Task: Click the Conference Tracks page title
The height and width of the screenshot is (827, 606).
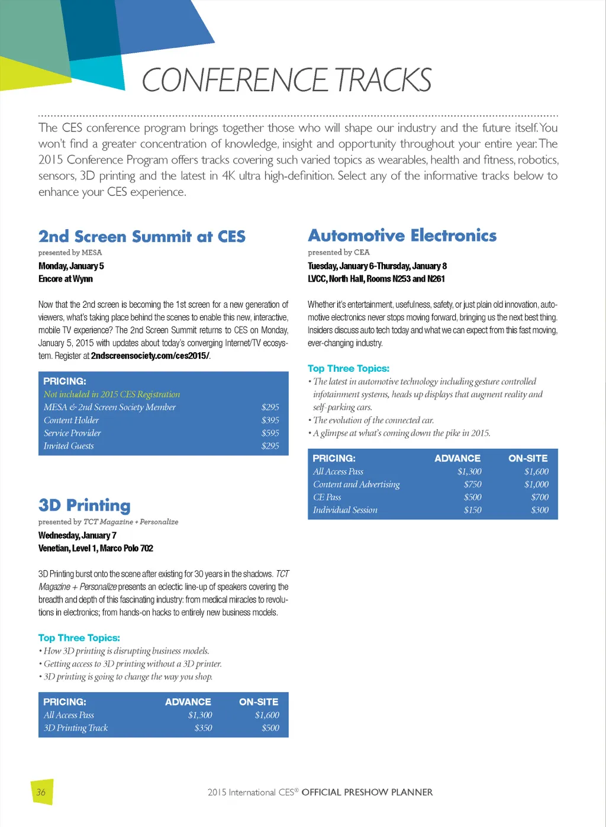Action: click(286, 80)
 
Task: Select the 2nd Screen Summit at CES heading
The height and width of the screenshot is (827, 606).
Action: click(141, 237)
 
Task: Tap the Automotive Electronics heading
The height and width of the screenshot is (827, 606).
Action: click(402, 236)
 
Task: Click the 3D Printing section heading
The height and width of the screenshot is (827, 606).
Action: click(84, 506)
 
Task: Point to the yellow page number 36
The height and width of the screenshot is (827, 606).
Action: click(41, 792)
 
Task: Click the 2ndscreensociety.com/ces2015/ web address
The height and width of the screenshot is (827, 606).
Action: click(150, 356)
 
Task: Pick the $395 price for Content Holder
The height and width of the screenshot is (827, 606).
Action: click(270, 420)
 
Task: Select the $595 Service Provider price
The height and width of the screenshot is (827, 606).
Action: click(270, 433)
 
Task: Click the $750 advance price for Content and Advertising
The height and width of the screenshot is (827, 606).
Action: click(472, 484)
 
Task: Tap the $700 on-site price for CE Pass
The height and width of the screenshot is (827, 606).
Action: click(540, 497)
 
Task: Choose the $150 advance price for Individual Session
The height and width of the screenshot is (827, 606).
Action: click(472, 510)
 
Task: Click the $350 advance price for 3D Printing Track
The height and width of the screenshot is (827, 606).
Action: click(203, 728)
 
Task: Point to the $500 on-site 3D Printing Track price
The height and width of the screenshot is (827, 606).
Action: click(270, 728)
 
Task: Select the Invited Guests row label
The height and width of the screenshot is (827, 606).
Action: click(69, 446)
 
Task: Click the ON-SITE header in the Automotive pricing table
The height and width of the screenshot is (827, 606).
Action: click(528, 458)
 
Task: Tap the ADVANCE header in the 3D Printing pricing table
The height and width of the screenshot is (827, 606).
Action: click(188, 702)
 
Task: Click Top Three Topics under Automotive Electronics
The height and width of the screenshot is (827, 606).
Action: click(349, 368)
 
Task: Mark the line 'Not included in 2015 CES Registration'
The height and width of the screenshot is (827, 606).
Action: click(111, 394)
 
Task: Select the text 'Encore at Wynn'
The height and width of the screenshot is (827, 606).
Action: click(65, 279)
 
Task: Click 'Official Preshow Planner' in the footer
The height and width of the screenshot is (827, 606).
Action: click(367, 792)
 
